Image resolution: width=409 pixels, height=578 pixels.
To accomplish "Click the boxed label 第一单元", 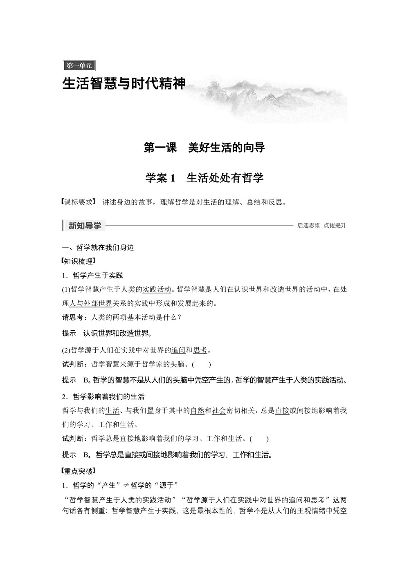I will pyautogui.click(x=79, y=65).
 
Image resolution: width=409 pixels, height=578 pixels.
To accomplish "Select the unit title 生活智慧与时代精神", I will pyautogui.click(x=124, y=84).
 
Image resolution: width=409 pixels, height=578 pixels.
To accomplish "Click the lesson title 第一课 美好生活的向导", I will pyautogui.click(x=204, y=148).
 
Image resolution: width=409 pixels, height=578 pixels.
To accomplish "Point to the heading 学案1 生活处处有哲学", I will pyautogui.click(x=204, y=178).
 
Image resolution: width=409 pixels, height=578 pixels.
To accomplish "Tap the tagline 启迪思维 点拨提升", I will pyautogui.click(x=322, y=226).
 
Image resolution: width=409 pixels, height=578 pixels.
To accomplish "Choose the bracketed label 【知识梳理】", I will pyautogui.click(x=78, y=261).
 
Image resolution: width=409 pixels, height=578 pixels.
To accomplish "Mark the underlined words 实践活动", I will pyautogui.click(x=157, y=290).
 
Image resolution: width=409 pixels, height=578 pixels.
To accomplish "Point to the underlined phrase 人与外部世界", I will pyautogui.click(x=91, y=303).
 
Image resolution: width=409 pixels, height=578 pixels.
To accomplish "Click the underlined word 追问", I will pyautogui.click(x=178, y=350).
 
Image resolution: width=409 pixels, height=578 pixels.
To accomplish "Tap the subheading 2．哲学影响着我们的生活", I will pyautogui.click(x=103, y=397).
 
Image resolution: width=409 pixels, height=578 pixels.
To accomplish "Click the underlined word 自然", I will pyautogui.click(x=197, y=411).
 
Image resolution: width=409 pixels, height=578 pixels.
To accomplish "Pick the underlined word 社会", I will pyautogui.click(x=219, y=411).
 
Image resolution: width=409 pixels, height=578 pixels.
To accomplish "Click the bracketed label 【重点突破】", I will pyautogui.click(x=78, y=471).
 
